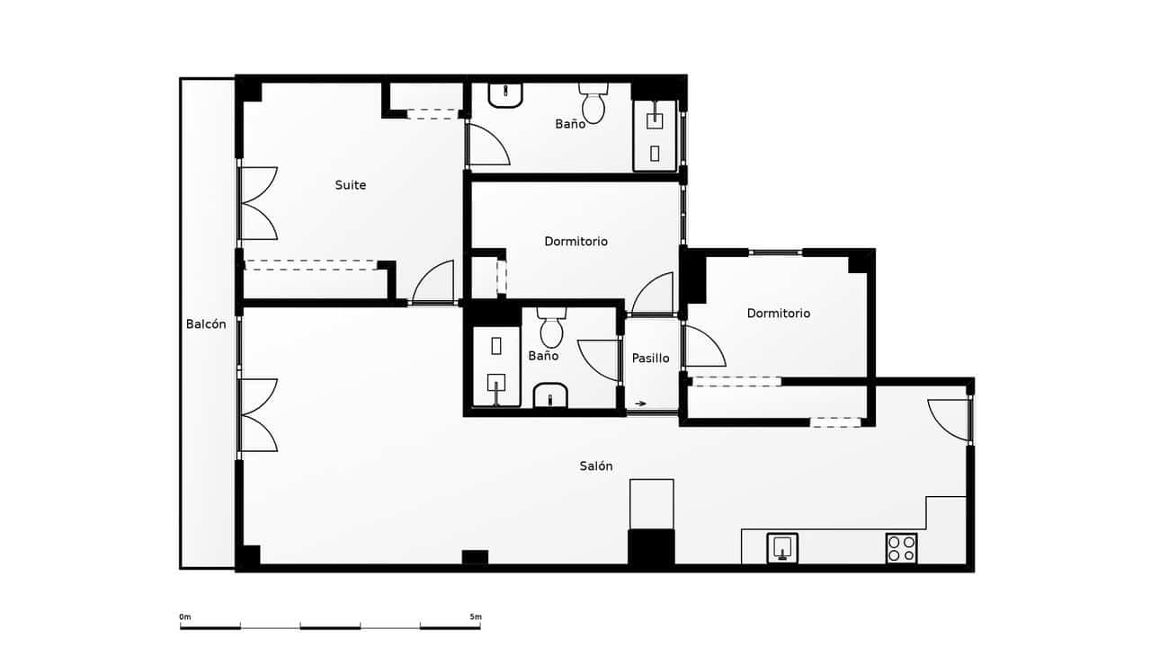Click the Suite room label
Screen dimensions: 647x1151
(x=351, y=185)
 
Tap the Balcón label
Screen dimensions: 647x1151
(x=206, y=324)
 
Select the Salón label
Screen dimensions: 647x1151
(x=596, y=465)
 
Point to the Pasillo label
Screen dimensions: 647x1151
(x=650, y=358)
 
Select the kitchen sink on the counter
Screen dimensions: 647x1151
(x=782, y=547)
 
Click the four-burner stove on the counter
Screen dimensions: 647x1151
(x=901, y=548)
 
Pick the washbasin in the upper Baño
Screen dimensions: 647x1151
(x=505, y=94)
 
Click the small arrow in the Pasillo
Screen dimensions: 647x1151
(x=640, y=403)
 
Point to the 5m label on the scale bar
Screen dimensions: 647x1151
(x=475, y=616)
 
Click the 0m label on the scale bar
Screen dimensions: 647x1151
(x=185, y=616)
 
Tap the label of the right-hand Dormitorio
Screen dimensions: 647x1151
(x=779, y=314)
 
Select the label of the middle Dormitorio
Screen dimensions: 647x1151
(x=575, y=242)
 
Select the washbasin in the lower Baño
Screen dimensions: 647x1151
(x=550, y=395)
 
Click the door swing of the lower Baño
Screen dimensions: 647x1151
(x=599, y=359)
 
